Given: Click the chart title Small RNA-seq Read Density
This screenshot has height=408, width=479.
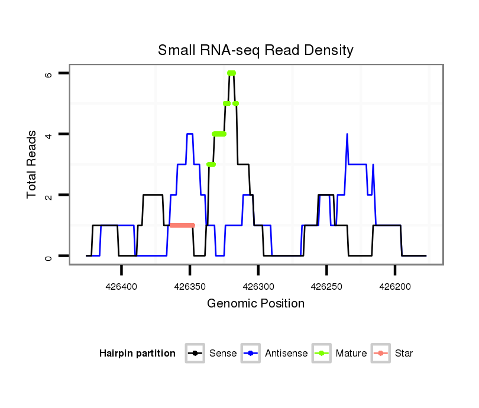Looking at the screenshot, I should (x=255, y=50).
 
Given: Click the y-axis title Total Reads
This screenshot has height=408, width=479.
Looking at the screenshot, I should (x=31, y=164).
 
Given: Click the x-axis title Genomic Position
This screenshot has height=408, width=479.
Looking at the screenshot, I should (x=255, y=304).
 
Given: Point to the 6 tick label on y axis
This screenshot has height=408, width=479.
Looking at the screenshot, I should (x=49, y=73).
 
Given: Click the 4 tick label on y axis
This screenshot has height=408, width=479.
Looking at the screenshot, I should (x=49, y=134).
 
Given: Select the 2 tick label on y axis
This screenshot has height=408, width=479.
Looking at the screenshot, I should (x=49, y=195).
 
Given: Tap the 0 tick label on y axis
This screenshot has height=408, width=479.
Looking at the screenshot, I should (x=49, y=256).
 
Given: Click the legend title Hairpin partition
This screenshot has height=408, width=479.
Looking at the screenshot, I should (x=137, y=354).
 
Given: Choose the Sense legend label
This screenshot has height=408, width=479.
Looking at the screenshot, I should (x=223, y=354).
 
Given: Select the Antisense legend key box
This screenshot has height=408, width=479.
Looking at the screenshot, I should (x=251, y=354).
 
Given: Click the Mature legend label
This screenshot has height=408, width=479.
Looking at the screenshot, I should (x=351, y=354).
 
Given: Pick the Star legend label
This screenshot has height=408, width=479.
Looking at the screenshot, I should (x=404, y=354).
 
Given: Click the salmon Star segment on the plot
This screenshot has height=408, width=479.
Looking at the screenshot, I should (x=182, y=225).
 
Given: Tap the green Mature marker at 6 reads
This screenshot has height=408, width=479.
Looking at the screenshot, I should (x=231, y=73).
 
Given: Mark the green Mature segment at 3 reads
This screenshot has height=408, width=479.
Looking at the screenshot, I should (x=211, y=164).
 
